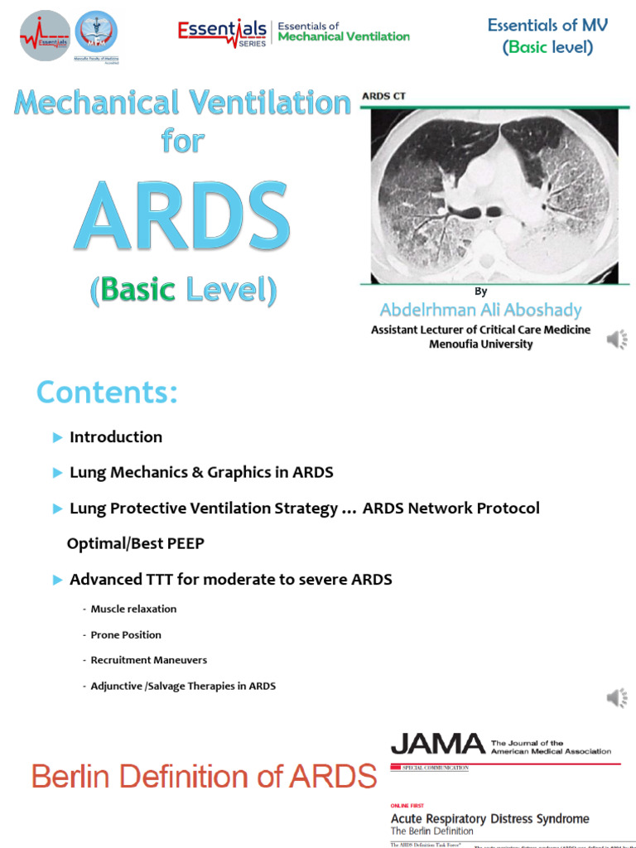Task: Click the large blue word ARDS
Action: pyautogui.click(x=183, y=217)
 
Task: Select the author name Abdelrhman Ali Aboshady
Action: pyautogui.click(x=480, y=311)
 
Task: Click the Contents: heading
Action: pyautogui.click(x=107, y=393)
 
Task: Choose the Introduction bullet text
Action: pyautogui.click(x=116, y=436)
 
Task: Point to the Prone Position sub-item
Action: pyautogui.click(x=126, y=634)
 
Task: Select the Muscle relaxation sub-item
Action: pyautogui.click(x=133, y=609)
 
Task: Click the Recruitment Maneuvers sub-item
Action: pyautogui.click(x=149, y=660)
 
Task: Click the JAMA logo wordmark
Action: pyautogui.click(x=437, y=744)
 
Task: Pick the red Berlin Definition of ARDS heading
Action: pyautogui.click(x=204, y=777)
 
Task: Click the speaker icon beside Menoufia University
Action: pyautogui.click(x=617, y=339)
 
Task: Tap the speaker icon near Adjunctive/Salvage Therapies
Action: pyautogui.click(x=617, y=698)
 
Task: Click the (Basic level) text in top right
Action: pyautogui.click(x=547, y=47)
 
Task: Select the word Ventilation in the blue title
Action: pyautogui.click(x=268, y=104)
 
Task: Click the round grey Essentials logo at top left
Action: pyautogui.click(x=46, y=36)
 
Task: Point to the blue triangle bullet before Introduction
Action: pyautogui.click(x=57, y=437)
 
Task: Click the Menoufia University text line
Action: pyautogui.click(x=480, y=344)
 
